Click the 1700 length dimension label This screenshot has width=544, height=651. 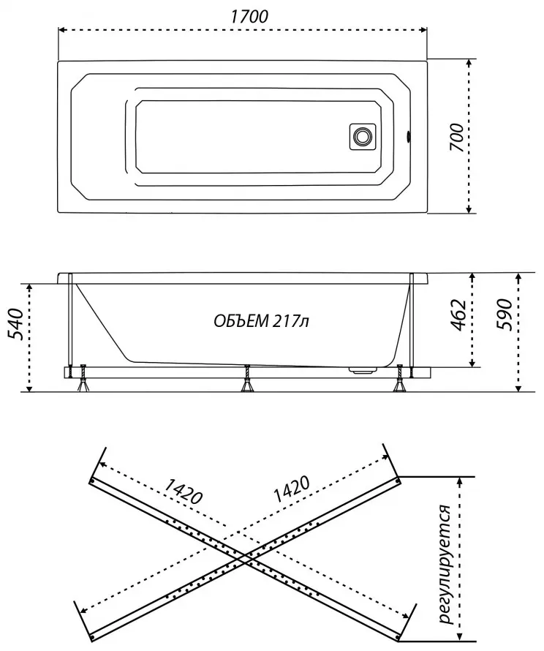pos(249,16)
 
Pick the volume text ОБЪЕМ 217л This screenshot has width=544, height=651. pos(262,321)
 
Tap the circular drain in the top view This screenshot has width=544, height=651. pos(362,136)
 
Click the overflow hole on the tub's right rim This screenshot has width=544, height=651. pos(408,137)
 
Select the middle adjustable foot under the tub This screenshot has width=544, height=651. pos(247,379)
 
